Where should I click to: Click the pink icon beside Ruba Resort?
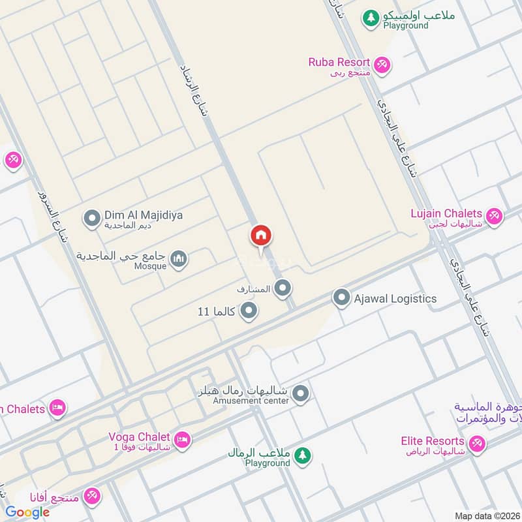tap(382, 64)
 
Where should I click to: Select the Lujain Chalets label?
tap(446, 213)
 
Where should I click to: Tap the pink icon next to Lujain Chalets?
tap(494, 215)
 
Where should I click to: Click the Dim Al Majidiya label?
tap(134, 215)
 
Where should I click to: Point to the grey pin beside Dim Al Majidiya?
tap(93, 217)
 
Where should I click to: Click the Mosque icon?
tap(178, 261)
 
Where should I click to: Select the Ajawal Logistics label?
tap(395, 298)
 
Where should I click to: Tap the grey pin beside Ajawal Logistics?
tap(341, 298)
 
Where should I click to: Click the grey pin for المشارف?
tap(282, 287)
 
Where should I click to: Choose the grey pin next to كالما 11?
tap(247, 312)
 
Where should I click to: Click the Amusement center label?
tap(251, 401)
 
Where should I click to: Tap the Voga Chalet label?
tap(140, 437)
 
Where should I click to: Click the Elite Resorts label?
tap(431, 441)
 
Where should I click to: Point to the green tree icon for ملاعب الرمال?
tap(301, 455)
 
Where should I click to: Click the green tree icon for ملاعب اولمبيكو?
tap(371, 18)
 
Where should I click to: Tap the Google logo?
tap(27, 512)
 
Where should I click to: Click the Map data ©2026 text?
tap(486, 515)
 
